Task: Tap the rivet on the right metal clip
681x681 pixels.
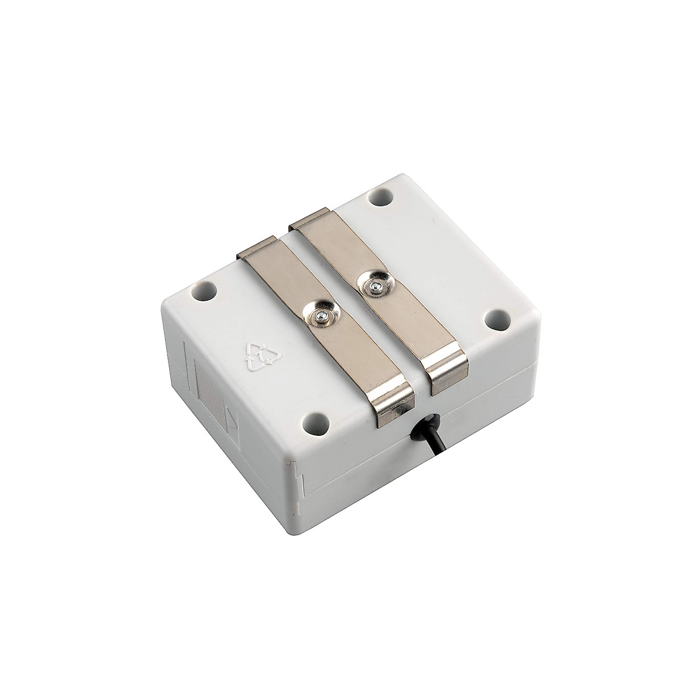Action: point(373,288)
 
